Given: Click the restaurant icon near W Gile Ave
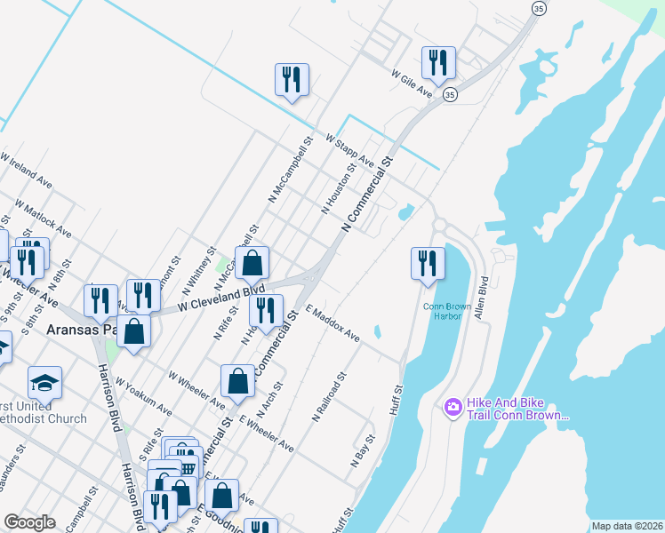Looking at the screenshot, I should click(437, 62).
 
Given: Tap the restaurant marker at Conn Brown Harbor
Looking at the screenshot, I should click(428, 263).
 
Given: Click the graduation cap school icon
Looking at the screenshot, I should click(44, 383).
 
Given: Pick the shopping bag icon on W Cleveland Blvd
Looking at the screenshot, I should click(252, 263).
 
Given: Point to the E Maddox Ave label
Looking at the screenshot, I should click(332, 324).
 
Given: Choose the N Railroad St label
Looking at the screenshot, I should click(328, 400).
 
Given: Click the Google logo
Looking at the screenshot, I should click(29, 522).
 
